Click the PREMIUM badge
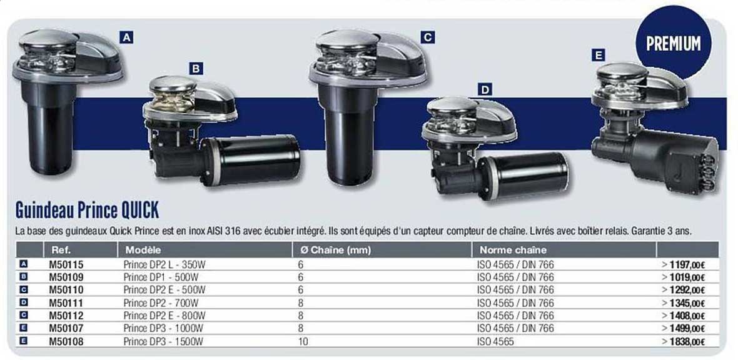673,43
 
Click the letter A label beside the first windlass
126,37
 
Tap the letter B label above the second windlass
196,68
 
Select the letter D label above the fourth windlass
485,89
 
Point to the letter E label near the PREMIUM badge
598,56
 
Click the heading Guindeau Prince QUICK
86,210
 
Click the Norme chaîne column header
513,250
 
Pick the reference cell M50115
66,264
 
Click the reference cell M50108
66,341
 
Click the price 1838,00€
687,342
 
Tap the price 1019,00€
687,277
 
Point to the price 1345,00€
687,303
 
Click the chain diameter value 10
303,341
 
